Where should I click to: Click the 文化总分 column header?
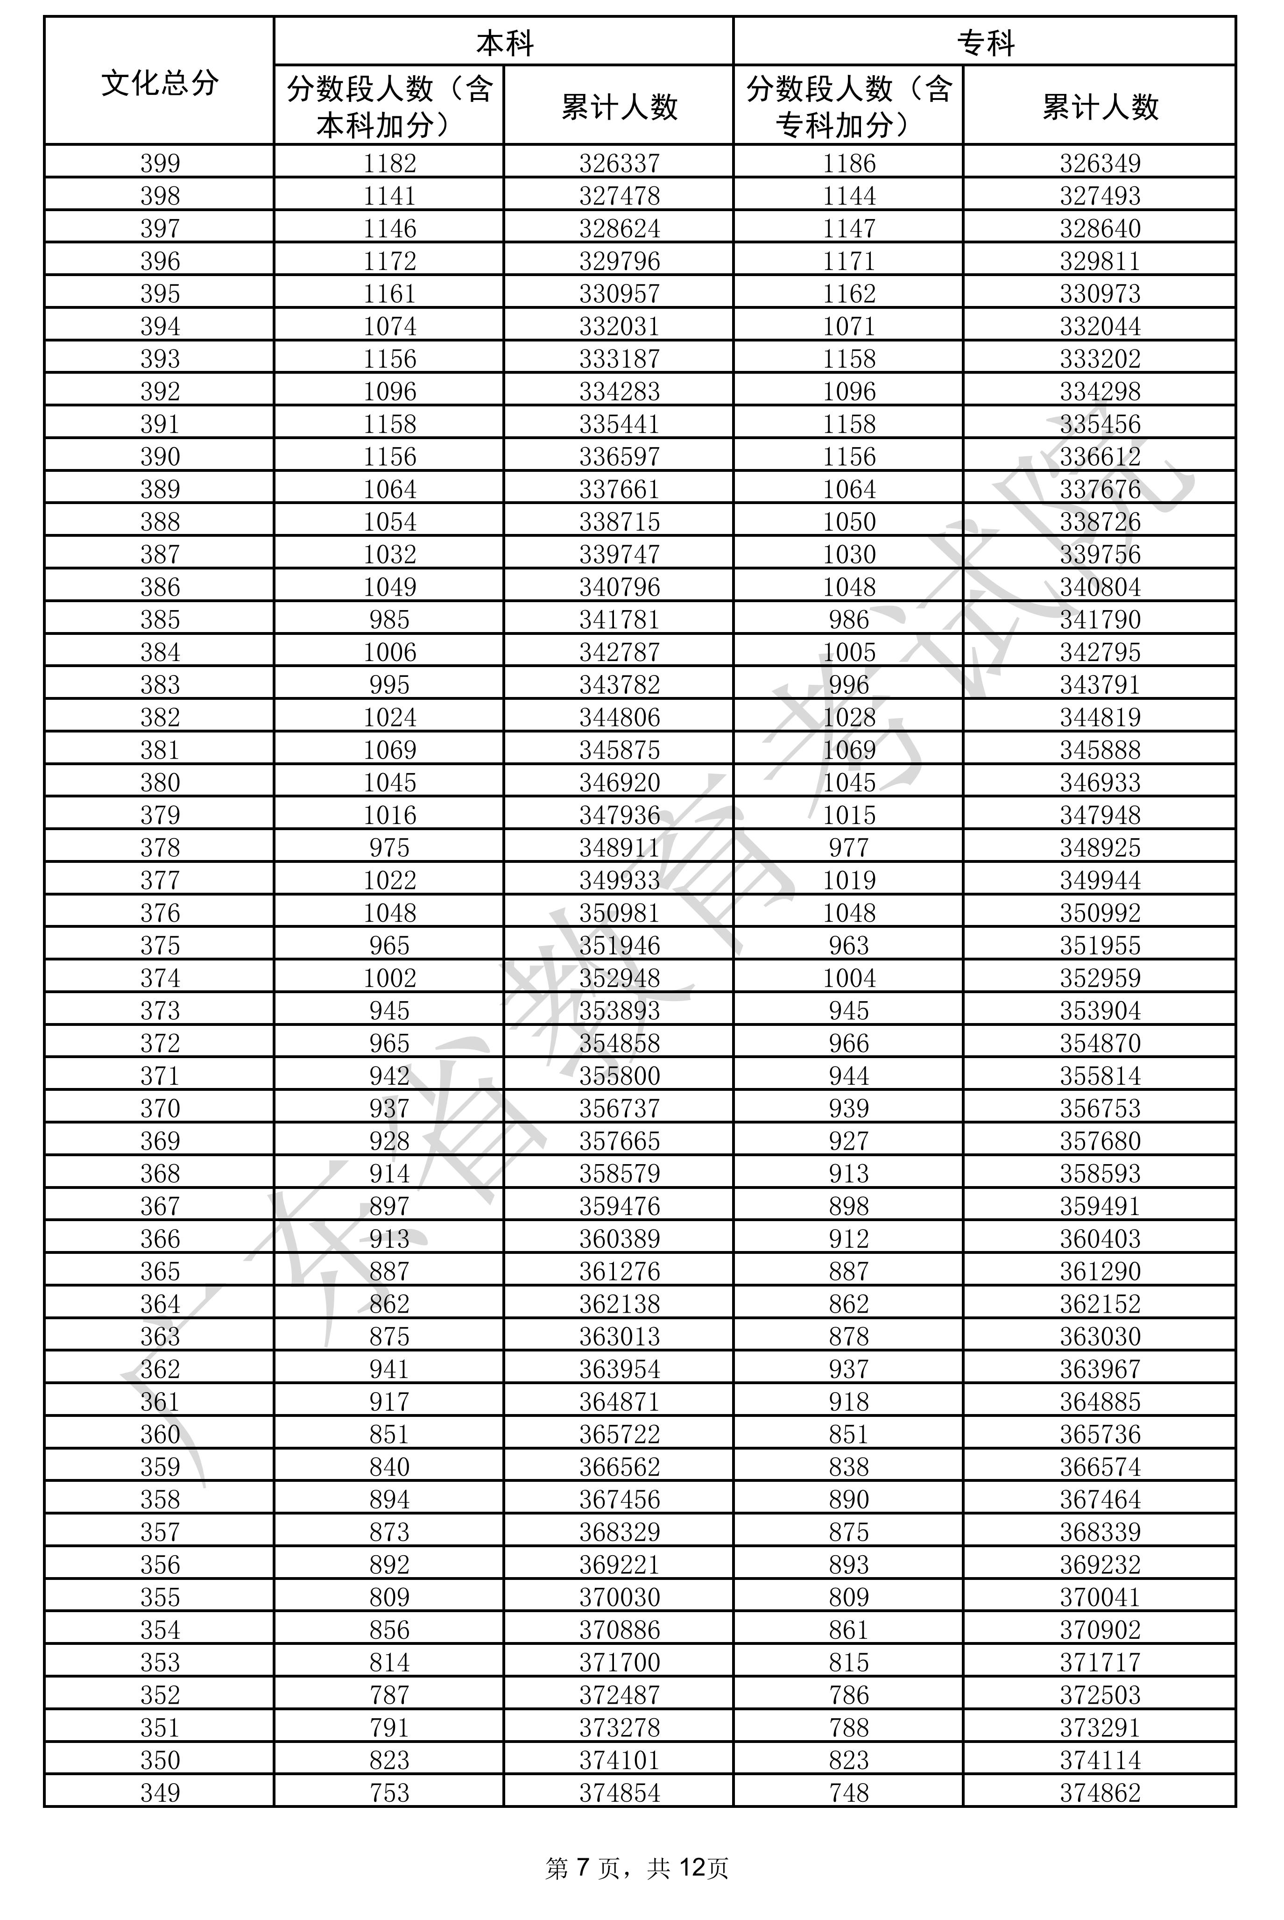point(160,82)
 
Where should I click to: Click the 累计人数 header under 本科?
point(619,107)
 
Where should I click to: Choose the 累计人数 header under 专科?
point(1100,107)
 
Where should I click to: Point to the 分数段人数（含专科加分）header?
point(848,107)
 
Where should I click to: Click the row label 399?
point(160,163)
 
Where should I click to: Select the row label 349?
point(160,1793)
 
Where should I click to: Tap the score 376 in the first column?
point(160,912)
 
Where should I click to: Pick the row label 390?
point(160,456)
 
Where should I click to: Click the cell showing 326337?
point(619,163)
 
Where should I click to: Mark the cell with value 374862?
point(1100,1793)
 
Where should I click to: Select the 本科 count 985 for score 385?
point(389,619)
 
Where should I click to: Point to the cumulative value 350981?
point(619,912)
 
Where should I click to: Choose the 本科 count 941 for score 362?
point(389,1369)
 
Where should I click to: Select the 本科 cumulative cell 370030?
point(619,1597)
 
